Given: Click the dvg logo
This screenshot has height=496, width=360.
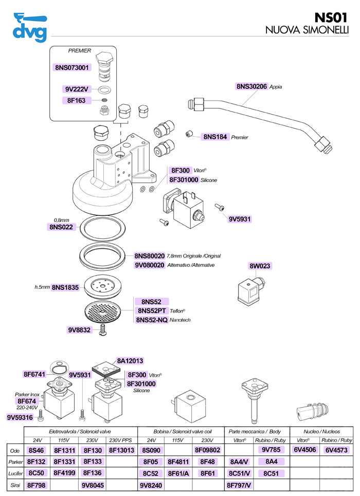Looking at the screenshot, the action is click(x=30, y=27).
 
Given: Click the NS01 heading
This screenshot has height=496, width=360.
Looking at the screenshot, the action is click(x=331, y=17).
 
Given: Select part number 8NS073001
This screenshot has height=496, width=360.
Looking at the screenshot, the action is click(x=72, y=67).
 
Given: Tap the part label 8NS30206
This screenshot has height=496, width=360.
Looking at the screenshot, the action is click(x=251, y=86).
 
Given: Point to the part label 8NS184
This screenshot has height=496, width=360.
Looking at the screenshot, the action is click(x=215, y=137).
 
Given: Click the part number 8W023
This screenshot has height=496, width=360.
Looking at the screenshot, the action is click(x=260, y=266).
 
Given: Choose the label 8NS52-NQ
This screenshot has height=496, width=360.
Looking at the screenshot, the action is click(x=152, y=320).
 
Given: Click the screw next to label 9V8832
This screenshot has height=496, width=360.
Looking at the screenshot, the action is click(x=102, y=330).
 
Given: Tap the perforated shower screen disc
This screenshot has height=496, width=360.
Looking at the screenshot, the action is click(x=103, y=311).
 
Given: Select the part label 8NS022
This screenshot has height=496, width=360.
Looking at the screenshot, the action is click(x=61, y=227).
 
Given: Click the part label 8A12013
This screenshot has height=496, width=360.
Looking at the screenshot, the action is click(x=130, y=361).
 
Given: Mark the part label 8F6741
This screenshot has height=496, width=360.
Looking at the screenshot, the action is click(x=34, y=374).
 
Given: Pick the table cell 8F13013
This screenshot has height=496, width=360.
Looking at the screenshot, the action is click(x=121, y=450).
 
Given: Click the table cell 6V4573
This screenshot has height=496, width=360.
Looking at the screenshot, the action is click(x=336, y=450).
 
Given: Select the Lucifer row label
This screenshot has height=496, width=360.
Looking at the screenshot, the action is click(x=15, y=473).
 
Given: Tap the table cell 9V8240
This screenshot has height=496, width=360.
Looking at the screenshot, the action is click(x=151, y=485).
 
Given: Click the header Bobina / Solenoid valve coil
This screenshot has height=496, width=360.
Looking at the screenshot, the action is click(x=183, y=431).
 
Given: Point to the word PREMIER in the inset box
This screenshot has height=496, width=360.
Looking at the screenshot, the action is click(x=80, y=50).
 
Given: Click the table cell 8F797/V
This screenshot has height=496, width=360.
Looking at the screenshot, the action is click(x=239, y=485).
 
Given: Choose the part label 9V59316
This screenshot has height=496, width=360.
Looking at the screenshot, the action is click(x=20, y=417).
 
